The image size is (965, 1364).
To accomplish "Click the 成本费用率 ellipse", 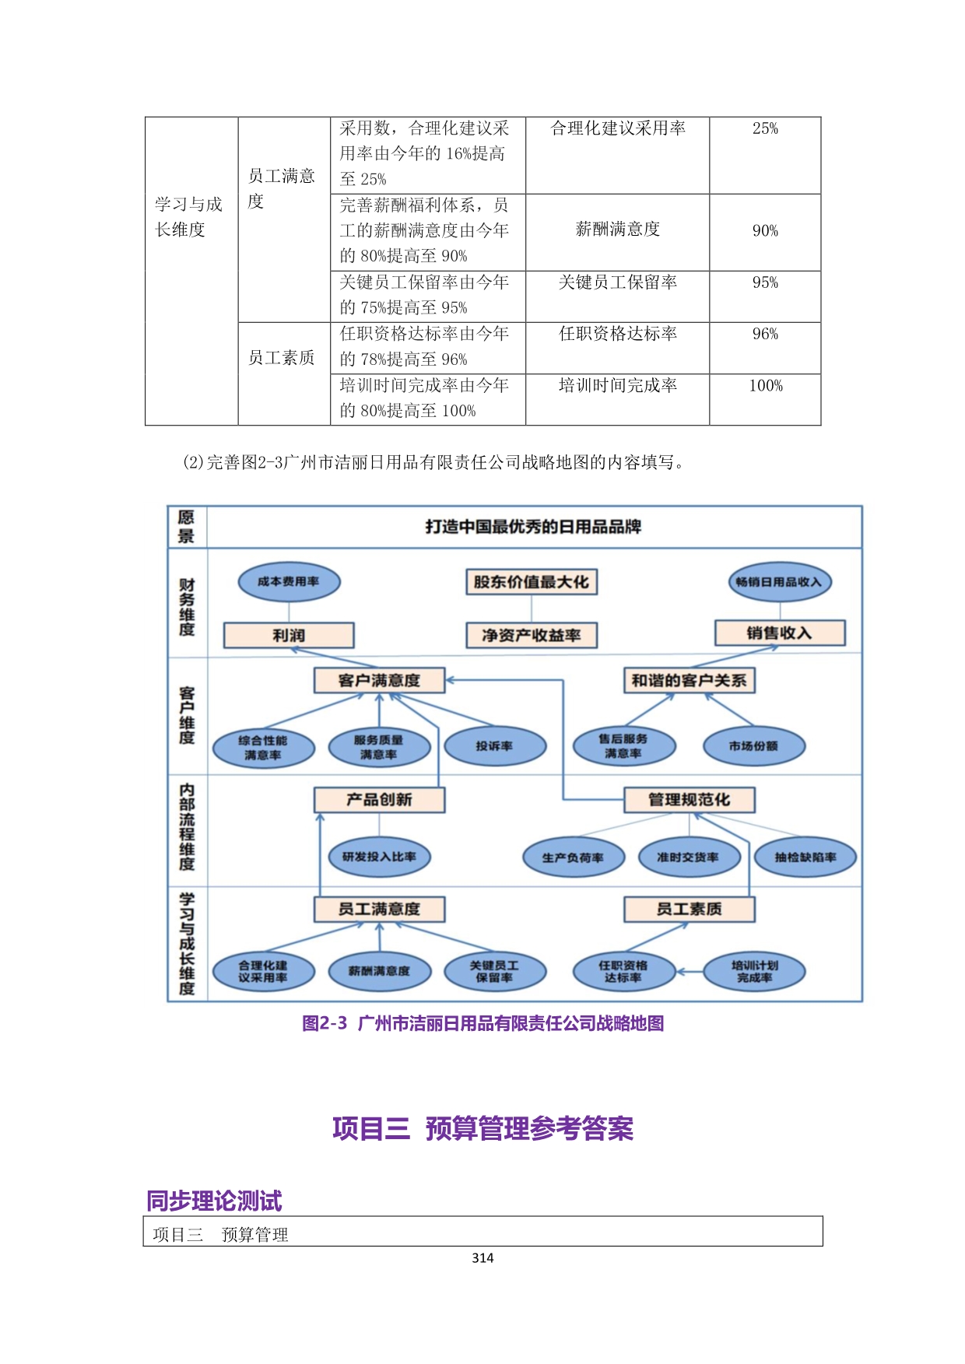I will (289, 582).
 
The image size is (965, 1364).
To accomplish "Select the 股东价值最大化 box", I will (532, 582).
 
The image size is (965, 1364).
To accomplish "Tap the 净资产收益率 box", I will (532, 635).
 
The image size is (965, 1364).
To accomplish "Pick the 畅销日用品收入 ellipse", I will (779, 582).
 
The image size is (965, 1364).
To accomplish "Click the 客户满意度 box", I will (379, 680).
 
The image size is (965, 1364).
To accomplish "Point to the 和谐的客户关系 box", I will (689, 680).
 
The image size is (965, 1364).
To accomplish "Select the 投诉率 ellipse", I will (495, 746).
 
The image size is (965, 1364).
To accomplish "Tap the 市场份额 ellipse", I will (753, 746).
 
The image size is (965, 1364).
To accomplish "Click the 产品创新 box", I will (379, 800).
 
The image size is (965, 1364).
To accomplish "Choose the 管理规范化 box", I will (689, 800).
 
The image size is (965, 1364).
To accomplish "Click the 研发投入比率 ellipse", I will (379, 857).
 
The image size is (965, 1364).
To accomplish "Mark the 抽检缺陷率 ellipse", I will (805, 857).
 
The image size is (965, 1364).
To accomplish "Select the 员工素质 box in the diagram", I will (689, 909).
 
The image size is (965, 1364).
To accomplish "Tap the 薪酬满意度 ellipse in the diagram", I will (379, 971).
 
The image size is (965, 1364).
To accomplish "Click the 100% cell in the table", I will (765, 386).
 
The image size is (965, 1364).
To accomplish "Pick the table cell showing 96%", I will (765, 335).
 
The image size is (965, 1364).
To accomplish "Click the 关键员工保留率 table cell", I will (617, 282).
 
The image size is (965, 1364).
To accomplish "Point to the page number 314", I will (482, 1258).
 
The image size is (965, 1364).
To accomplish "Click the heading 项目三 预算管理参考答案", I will (482, 1128).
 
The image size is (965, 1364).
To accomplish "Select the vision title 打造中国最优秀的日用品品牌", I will (533, 527).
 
